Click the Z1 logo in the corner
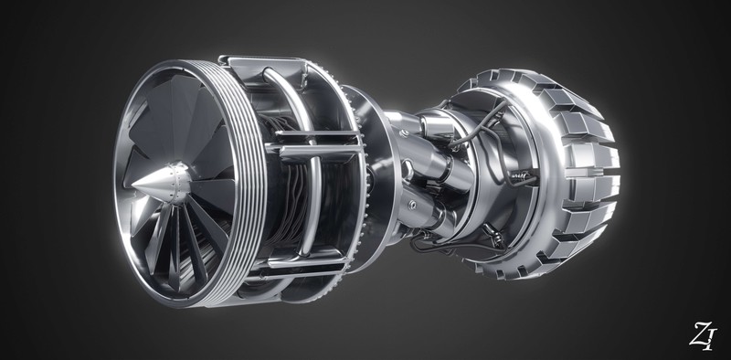click(x=702, y=335)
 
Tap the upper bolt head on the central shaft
click(x=405, y=133)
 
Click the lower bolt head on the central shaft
click(x=412, y=205)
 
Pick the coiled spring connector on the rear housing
click(x=521, y=176)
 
